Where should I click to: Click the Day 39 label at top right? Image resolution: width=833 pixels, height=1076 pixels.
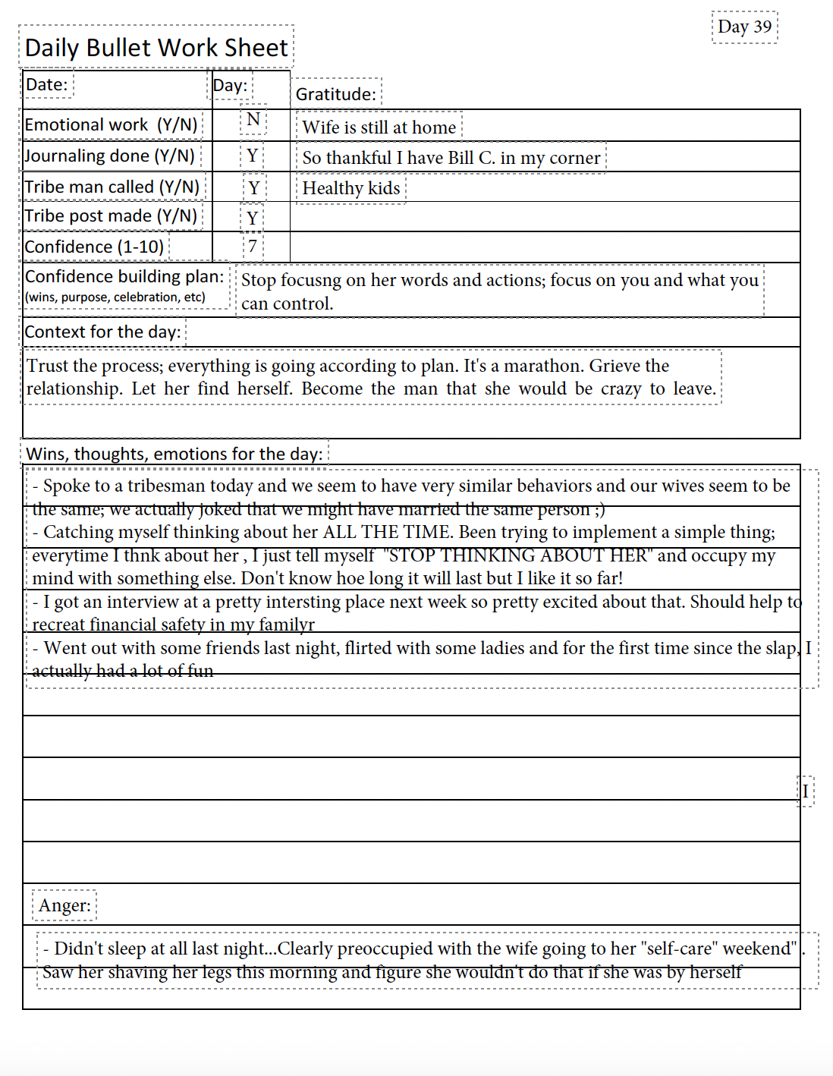click(x=744, y=27)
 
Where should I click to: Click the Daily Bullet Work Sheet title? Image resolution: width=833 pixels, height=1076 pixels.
click(x=156, y=47)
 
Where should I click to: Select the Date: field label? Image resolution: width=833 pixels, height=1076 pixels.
click(x=47, y=84)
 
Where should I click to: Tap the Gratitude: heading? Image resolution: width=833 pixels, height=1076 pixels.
click(x=335, y=94)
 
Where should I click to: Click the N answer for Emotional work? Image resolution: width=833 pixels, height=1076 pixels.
click(x=253, y=120)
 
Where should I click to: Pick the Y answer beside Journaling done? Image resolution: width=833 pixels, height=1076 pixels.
click(x=253, y=157)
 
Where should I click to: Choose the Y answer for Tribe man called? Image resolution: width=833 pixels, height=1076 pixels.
click(x=253, y=187)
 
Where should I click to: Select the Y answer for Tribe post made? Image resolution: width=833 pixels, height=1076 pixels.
click(x=253, y=219)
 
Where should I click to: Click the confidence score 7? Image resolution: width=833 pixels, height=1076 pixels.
click(x=253, y=246)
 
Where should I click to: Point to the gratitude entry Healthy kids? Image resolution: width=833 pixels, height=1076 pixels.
click(x=350, y=188)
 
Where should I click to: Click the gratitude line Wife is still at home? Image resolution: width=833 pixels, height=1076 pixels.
click(x=379, y=127)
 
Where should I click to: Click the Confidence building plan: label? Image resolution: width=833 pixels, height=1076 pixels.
click(x=124, y=276)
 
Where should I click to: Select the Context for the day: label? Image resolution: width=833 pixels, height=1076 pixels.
click(x=103, y=332)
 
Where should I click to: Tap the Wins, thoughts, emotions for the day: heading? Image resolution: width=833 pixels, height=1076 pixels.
click(x=174, y=454)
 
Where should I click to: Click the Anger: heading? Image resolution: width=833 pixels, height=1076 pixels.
click(x=64, y=905)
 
